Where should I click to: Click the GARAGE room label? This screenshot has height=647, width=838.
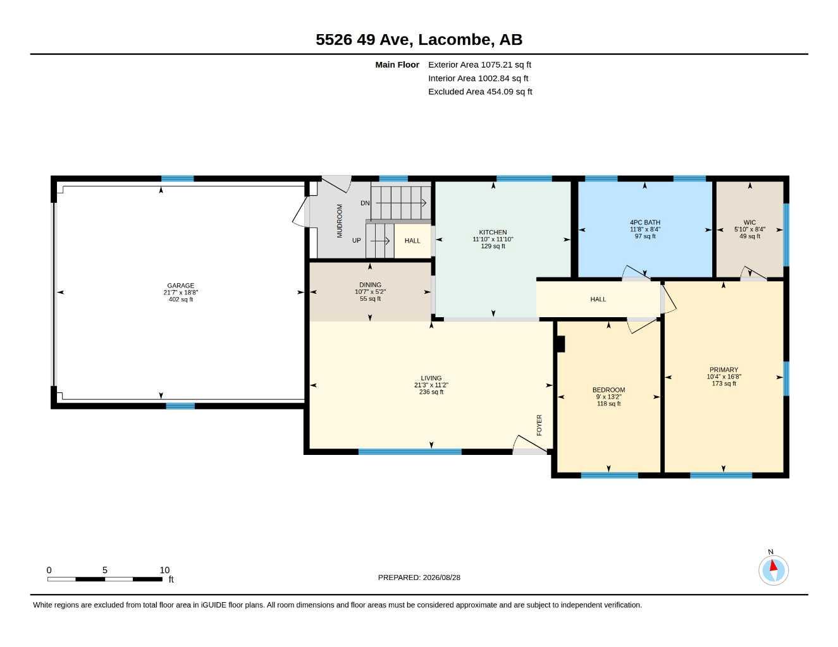point(180,286)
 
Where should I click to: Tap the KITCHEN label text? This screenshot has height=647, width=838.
point(493,233)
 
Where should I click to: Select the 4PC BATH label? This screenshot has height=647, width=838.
point(645,222)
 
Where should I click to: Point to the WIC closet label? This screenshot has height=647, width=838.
point(749,222)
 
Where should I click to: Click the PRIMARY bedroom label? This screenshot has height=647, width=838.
point(724,370)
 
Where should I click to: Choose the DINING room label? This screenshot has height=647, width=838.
point(370,285)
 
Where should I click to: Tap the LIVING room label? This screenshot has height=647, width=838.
point(431,378)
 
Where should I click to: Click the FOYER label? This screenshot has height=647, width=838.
point(539,425)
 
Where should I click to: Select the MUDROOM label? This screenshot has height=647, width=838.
point(340,221)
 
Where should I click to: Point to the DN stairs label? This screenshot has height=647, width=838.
point(365,203)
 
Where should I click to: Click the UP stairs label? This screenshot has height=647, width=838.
point(356,240)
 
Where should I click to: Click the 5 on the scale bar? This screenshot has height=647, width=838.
point(104,570)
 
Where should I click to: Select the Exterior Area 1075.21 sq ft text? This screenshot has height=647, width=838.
point(479,64)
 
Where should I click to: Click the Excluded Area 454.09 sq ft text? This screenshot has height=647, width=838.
point(480,92)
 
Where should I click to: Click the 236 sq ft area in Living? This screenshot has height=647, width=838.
point(431,392)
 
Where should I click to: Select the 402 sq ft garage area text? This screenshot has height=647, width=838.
point(180,299)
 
